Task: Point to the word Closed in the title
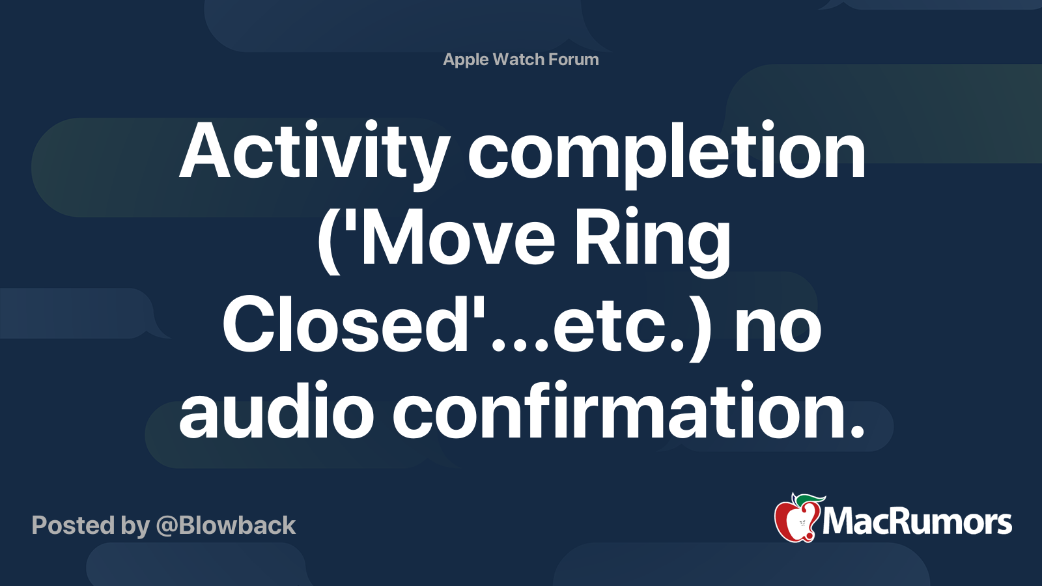tap(345, 326)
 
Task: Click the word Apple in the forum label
tap(466, 60)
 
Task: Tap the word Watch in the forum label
tap(518, 60)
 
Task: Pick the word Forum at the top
tap(573, 60)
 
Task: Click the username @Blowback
tap(226, 525)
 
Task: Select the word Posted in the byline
tap(72, 525)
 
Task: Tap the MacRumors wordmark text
tap(917, 522)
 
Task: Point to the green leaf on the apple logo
tap(810, 499)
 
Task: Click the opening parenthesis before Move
tap(329, 241)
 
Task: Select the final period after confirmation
tap(857, 430)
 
